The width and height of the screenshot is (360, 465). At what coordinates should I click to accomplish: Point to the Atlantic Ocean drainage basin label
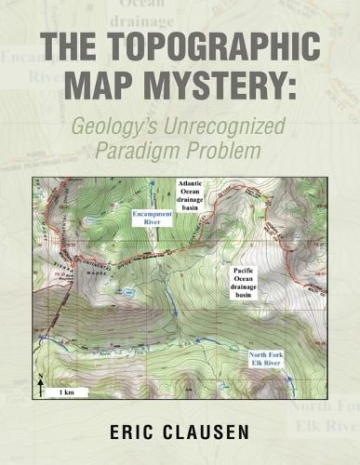[197, 198]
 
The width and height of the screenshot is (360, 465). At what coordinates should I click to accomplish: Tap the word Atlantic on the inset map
[197, 184]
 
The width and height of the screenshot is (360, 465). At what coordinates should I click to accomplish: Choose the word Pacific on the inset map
[245, 270]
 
